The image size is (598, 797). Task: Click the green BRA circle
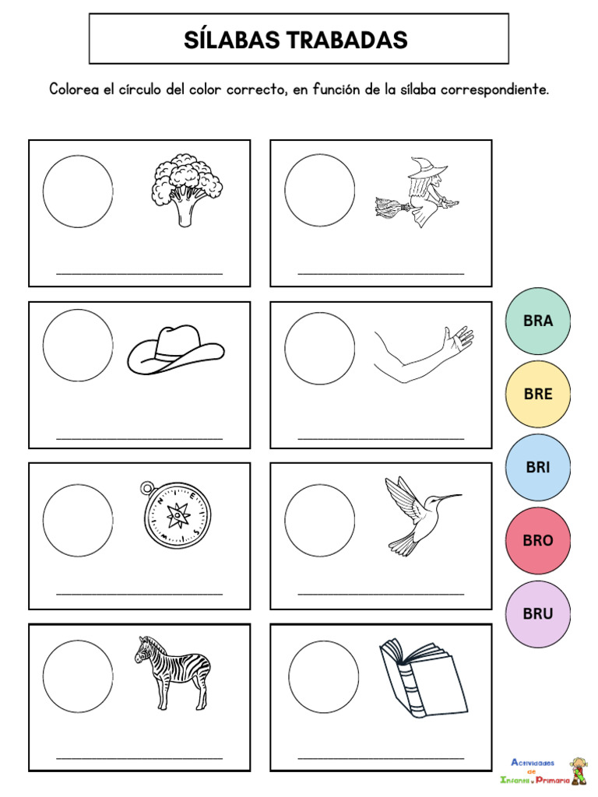pyautogui.click(x=537, y=321)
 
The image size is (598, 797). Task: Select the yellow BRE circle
pyautogui.click(x=537, y=394)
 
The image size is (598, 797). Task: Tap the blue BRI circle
pyautogui.click(x=537, y=467)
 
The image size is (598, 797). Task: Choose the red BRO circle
pyautogui.click(x=537, y=540)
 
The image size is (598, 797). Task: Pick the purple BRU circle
pyautogui.click(x=537, y=613)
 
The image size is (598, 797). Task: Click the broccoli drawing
pyautogui.click(x=185, y=189)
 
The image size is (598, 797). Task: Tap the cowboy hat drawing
pyautogui.click(x=175, y=349)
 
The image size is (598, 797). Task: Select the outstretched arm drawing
pyautogui.click(x=423, y=354)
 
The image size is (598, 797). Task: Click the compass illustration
pyautogui.click(x=177, y=513)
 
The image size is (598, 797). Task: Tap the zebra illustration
pyautogui.click(x=173, y=671)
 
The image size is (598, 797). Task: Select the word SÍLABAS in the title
pyautogui.click(x=227, y=40)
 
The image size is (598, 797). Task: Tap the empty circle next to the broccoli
pyautogui.click(x=78, y=191)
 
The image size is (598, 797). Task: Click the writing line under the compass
pyautogui.click(x=139, y=594)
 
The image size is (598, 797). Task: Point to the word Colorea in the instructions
pyautogui.click(x=75, y=90)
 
